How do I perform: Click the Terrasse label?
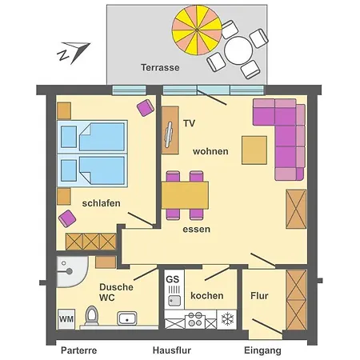point(160,68)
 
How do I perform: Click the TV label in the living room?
point(190,123)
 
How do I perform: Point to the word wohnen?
point(210,151)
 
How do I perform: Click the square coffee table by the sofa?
point(254,150)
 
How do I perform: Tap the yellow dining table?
point(185,194)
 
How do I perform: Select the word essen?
point(197,229)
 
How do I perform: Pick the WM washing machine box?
point(66,318)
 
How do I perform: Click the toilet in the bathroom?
point(91,318)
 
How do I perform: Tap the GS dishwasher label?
point(173,279)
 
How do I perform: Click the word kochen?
point(207,295)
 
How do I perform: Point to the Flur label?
point(259,296)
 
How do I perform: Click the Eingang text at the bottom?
point(262,350)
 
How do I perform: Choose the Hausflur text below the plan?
point(172,350)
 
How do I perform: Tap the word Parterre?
point(78,350)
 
